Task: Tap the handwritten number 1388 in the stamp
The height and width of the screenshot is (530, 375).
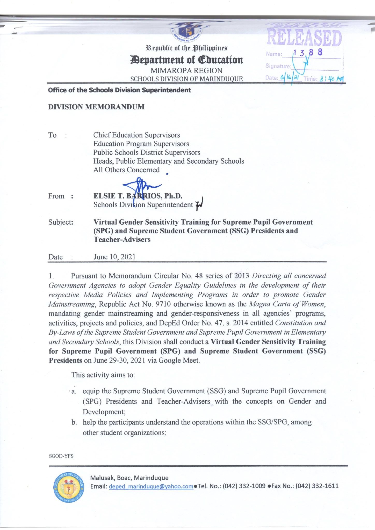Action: coord(307,53)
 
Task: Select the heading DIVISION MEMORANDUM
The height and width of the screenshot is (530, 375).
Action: coord(96,107)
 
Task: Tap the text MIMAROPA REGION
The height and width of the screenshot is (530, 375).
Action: coord(186,71)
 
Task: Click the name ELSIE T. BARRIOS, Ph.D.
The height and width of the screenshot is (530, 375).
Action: coord(138,196)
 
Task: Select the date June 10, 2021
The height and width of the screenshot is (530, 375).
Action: coord(114,257)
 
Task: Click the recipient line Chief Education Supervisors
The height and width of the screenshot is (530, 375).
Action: coord(136,135)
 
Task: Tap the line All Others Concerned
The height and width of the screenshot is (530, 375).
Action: coord(126,170)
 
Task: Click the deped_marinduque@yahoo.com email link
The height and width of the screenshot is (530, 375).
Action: coord(151,486)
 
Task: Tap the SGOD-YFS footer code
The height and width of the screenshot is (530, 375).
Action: coord(61,456)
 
